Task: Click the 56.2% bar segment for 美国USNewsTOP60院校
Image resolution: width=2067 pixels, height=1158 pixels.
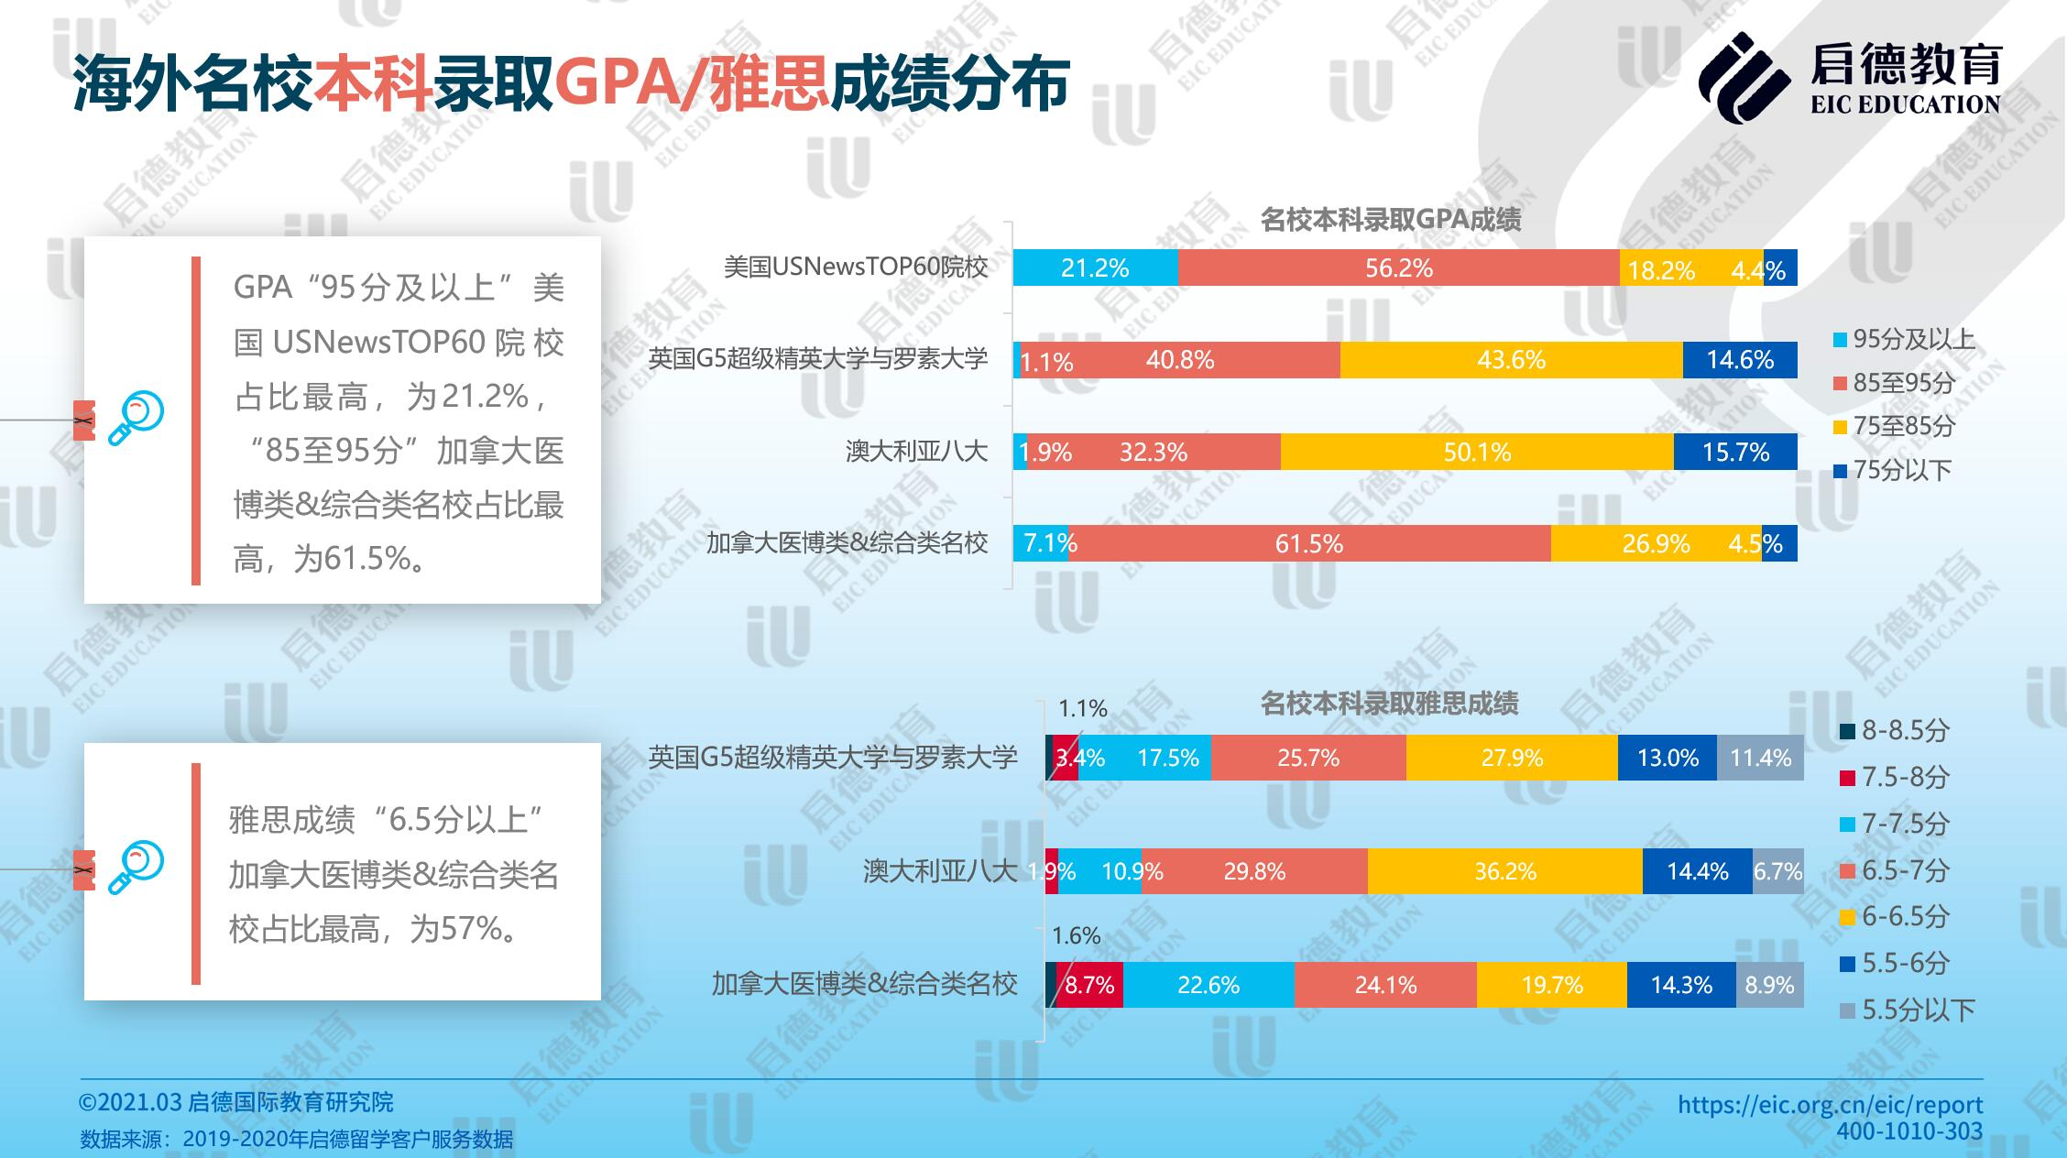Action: [x=1398, y=268]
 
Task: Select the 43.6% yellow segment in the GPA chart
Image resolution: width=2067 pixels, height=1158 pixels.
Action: [x=1511, y=360]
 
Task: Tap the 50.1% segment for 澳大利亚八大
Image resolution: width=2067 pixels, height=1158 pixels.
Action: [x=1477, y=452]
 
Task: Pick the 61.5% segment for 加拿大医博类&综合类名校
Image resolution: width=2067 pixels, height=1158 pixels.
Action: [x=1308, y=543]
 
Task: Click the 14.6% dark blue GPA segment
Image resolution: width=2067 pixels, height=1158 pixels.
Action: [x=1739, y=360]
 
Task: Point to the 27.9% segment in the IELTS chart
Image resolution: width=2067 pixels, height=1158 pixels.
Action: [x=1512, y=758]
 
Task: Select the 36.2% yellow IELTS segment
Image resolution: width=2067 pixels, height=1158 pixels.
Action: [x=1504, y=871]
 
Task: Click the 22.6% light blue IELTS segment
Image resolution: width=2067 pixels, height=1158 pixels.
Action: [x=1208, y=985]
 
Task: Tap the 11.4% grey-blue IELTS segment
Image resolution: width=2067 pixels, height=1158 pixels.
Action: [x=1760, y=758]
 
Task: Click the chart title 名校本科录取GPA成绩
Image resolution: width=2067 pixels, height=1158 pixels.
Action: [x=1391, y=220]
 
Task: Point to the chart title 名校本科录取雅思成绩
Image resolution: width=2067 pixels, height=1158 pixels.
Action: [x=1389, y=704]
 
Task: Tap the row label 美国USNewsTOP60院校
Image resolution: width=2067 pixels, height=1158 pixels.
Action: [x=856, y=268]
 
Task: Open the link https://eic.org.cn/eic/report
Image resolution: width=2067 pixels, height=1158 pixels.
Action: [x=1830, y=1105]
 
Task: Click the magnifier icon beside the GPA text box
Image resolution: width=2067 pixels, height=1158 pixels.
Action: [x=136, y=419]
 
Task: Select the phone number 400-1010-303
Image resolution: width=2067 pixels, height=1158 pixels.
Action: [x=1908, y=1132]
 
